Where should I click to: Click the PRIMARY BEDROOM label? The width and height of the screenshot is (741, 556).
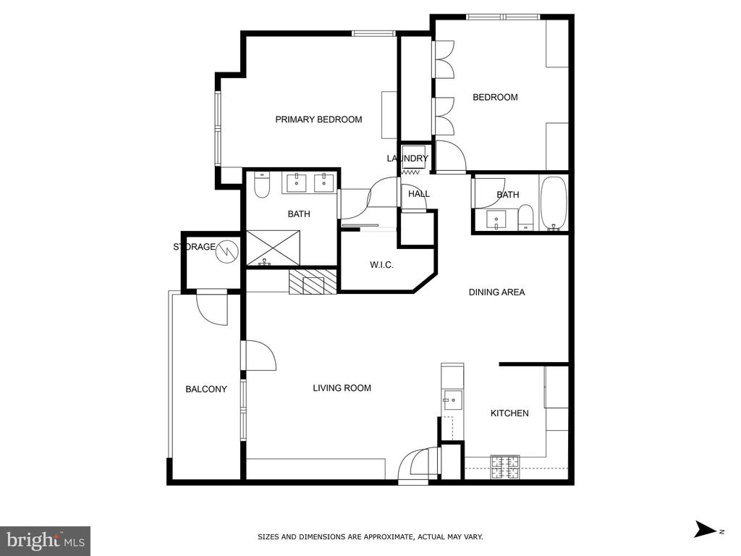coord(318,119)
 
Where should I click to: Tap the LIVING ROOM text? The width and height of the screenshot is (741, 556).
coord(342,388)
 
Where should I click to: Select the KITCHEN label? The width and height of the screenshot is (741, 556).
coord(509,413)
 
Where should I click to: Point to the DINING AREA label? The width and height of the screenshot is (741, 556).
coord(496,292)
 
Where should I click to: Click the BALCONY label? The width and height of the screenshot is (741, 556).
coord(206,389)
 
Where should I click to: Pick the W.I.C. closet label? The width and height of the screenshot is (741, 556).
coord(381,265)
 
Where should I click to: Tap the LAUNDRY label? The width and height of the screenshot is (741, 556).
coord(407,159)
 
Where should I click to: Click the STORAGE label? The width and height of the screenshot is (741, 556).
coord(194,247)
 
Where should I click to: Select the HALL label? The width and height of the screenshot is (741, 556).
coord(419,194)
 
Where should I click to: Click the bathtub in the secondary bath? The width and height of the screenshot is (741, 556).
coord(554,203)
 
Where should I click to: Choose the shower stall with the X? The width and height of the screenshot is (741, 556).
coord(273,248)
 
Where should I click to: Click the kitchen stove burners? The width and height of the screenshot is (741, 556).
coord(504,467)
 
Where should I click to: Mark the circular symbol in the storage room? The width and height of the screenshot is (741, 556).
coord(225,251)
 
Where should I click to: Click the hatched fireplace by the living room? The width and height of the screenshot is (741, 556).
coord(313,282)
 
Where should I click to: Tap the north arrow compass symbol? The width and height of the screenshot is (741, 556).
coord(706,529)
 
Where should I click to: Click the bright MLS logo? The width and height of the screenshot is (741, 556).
coord(46,541)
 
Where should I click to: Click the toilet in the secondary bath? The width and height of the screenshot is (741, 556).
coord(525,218)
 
